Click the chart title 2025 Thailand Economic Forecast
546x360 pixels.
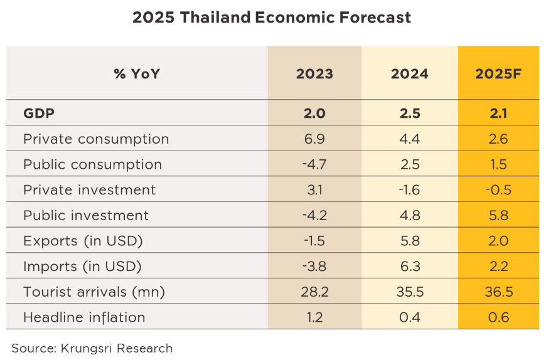[272, 18]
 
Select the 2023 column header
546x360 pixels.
[314, 74]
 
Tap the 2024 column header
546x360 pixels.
[409, 74]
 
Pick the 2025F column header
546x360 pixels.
[498, 74]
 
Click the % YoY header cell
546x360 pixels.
[137, 74]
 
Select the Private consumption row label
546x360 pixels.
[96, 139]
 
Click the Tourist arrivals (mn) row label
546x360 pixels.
[94, 292]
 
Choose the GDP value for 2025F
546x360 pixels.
[498, 114]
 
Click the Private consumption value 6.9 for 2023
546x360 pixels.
[314, 139]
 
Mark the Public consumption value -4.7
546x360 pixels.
[314, 165]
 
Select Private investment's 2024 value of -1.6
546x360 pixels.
[409, 190]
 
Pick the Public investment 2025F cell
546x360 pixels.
[498, 216]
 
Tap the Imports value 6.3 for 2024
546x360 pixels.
[409, 267]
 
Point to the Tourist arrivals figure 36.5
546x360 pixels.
[498, 292]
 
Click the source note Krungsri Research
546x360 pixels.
[92, 348]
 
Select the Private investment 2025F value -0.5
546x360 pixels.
[498, 190]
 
